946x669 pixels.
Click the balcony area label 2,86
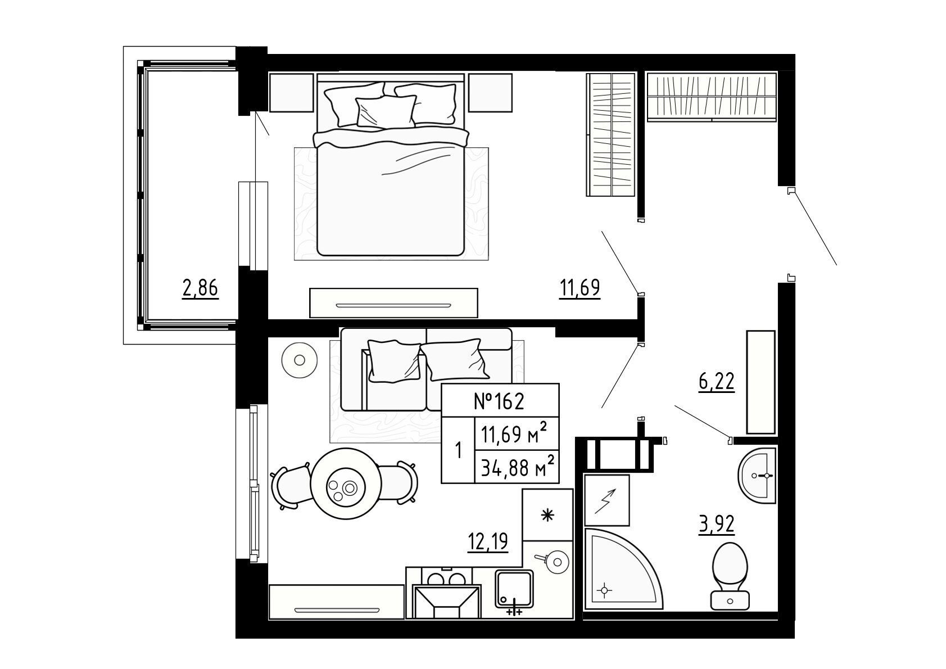tap(200, 288)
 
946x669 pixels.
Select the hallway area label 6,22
tap(716, 382)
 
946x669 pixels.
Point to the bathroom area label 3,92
tap(716, 525)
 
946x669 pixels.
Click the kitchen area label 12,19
tap(488, 541)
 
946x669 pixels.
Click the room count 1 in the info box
tap(458, 451)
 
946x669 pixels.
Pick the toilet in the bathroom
tap(730, 576)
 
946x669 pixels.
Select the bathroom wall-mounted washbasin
tap(757, 476)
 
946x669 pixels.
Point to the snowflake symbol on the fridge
tap(547, 516)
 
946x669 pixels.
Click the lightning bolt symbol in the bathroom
tap(605, 501)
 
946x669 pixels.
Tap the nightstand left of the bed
tap(291, 93)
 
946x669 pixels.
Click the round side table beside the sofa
tap(300, 360)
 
